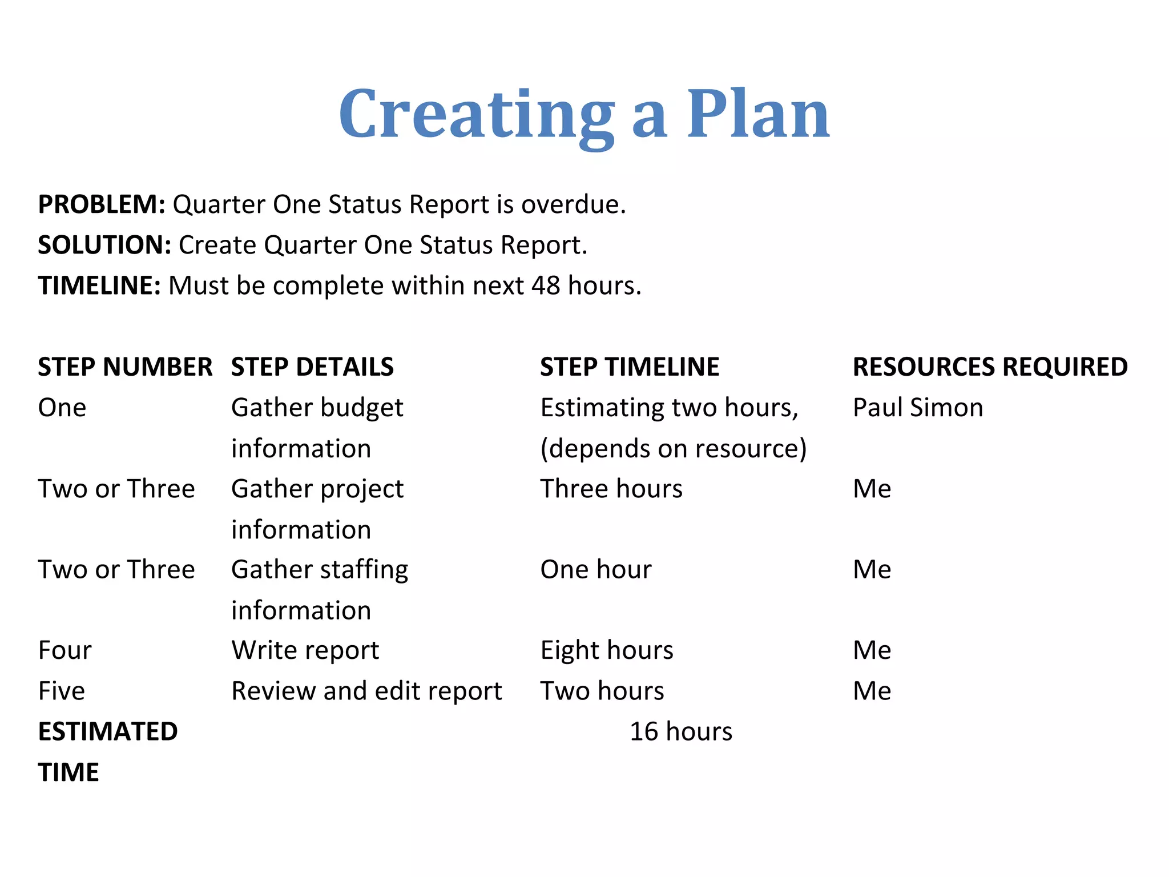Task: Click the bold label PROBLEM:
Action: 102,204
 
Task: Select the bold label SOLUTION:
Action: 104,245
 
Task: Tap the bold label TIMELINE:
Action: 99,285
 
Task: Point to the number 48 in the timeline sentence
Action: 546,285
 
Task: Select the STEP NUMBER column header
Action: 125,367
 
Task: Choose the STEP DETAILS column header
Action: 312,367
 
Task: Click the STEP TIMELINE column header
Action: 630,367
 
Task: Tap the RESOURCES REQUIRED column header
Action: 990,367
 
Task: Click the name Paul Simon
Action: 918,408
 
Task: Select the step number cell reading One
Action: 62,408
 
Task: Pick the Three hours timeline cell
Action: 611,489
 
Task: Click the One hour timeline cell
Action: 596,569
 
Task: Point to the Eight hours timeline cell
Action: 607,650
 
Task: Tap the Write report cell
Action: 305,650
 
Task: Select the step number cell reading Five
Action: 62,691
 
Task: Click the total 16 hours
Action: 681,731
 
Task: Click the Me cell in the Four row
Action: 872,650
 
